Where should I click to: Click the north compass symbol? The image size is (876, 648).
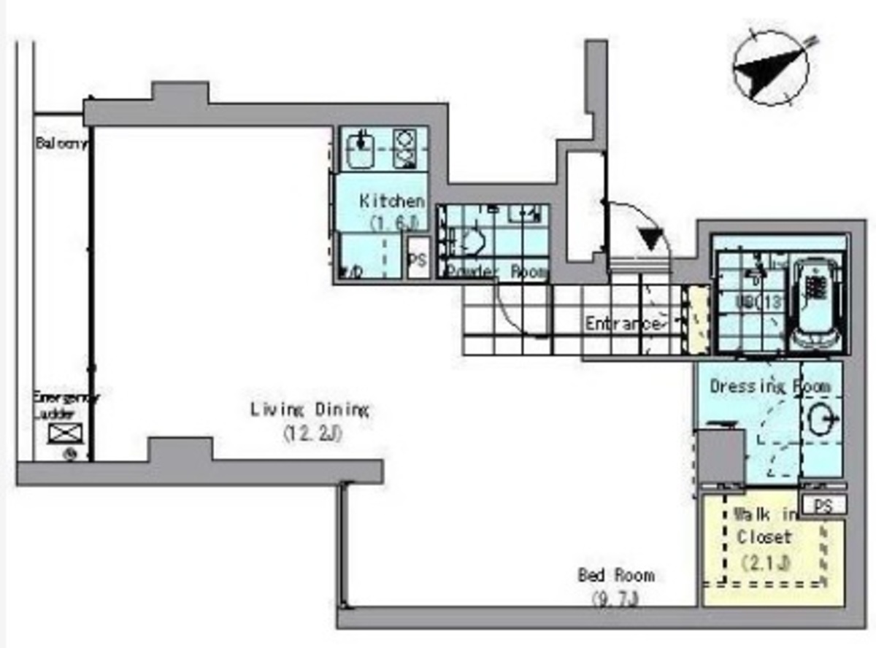[771, 68]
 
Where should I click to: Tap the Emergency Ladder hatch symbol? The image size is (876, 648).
[62, 433]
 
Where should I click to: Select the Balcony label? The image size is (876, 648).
[61, 144]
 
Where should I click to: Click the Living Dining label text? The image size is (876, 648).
[310, 409]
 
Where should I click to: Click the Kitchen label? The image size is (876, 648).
[391, 201]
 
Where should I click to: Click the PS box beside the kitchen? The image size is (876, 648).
[418, 259]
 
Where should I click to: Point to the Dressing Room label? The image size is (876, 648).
[769, 386]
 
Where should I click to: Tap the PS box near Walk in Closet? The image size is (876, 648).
[823, 505]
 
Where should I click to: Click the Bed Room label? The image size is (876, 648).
[616, 576]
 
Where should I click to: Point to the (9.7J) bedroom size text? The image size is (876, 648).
[615, 601]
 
